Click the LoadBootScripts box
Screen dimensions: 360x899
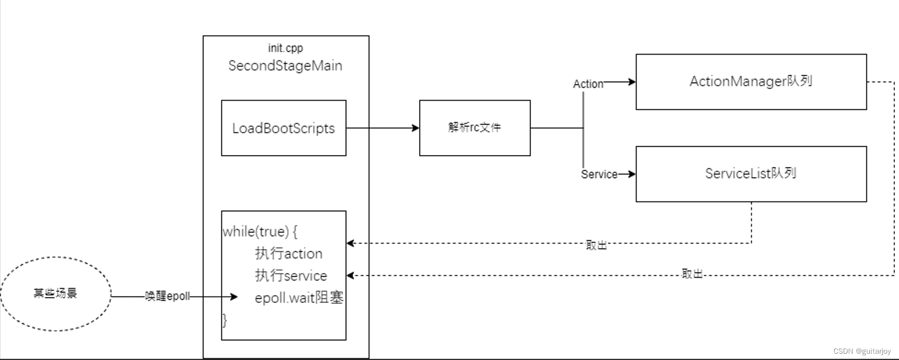click(283, 128)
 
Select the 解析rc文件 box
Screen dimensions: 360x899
click(474, 128)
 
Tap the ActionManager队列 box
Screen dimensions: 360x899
click(751, 82)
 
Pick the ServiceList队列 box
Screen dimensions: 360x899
click(751, 174)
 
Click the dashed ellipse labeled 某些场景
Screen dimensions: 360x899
click(55, 293)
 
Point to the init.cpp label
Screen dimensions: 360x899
click(285, 48)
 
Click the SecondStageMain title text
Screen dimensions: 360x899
click(285, 66)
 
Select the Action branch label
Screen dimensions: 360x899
click(588, 84)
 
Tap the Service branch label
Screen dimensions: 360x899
click(599, 174)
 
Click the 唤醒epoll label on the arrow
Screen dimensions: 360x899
click(167, 297)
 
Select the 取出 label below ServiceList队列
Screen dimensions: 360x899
click(596, 245)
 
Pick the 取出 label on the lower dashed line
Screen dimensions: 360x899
click(692, 274)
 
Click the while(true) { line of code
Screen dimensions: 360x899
click(260, 232)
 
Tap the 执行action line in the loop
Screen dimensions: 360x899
click(289, 253)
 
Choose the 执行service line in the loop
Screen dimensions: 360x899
click(291, 275)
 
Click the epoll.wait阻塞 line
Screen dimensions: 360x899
click(299, 298)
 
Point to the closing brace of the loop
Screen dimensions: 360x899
click(225, 320)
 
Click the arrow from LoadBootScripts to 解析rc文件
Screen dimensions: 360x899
click(383, 128)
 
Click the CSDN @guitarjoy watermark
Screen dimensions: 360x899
click(862, 352)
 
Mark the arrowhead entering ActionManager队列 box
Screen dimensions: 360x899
click(632, 82)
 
